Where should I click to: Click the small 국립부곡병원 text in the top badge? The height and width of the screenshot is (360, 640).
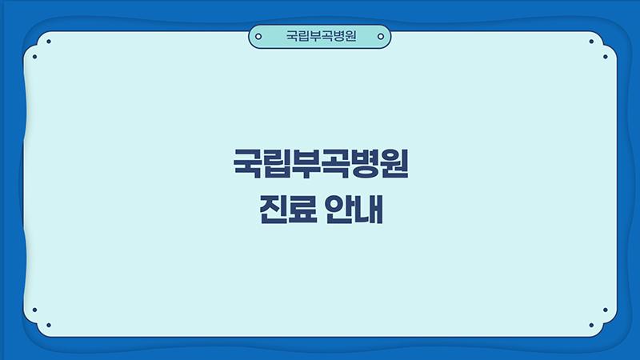point(321,36)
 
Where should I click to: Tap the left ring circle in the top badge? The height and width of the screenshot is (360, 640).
point(258,36)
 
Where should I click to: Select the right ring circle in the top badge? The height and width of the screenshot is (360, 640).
point(381,36)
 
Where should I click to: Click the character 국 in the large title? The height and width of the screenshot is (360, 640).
point(247,163)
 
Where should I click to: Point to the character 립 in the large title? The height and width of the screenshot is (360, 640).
point(276,163)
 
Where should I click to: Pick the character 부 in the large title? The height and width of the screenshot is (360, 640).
point(306,163)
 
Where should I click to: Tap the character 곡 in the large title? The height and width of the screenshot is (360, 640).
point(335,163)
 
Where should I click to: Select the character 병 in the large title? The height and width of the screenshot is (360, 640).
point(365,163)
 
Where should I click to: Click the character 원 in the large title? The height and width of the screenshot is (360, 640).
point(394,163)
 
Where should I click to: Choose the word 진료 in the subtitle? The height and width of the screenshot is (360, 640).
point(288,209)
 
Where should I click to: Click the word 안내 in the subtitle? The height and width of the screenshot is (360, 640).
point(354,209)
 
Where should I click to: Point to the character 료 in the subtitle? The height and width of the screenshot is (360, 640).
point(303,209)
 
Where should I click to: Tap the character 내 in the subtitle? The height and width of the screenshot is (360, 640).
point(370,209)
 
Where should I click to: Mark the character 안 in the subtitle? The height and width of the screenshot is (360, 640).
point(338,209)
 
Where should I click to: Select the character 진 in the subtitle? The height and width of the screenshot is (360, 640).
point(273,209)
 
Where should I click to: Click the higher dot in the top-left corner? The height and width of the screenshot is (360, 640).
point(49,42)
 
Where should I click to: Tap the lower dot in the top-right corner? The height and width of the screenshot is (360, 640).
point(606,57)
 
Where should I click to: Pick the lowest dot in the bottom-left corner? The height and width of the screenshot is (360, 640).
point(49,326)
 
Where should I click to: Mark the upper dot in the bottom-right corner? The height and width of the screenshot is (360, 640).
point(606,310)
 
